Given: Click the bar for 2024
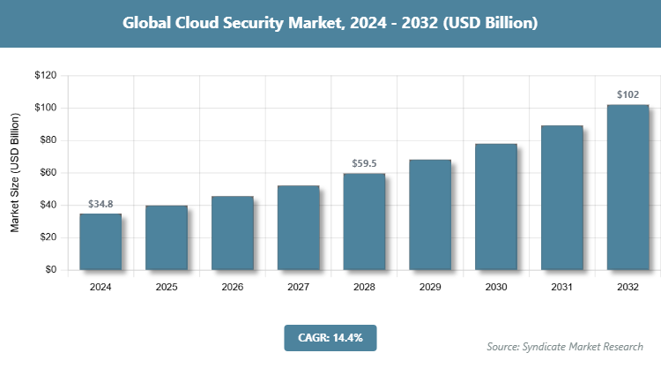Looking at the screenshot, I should point(100,242).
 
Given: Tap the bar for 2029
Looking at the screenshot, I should point(430,214).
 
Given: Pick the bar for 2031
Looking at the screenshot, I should point(562,198).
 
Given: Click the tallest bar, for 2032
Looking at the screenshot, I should point(628,187).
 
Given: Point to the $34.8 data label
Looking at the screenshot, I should point(100,204).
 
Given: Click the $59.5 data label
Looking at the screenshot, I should point(364,163).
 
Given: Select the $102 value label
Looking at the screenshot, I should point(628,94).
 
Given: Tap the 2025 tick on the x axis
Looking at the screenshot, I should point(167,287).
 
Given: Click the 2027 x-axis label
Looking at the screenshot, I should point(298,287).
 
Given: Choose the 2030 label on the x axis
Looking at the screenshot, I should point(496,287).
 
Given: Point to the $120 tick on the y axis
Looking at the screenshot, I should point(45,76).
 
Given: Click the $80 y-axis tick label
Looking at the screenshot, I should point(48,140).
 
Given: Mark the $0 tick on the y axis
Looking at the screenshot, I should point(51,270).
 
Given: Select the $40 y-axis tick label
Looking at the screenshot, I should point(48,206).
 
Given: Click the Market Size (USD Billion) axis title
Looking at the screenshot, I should point(16,173).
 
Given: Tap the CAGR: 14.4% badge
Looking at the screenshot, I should point(330,337).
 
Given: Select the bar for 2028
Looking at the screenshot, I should point(364,222).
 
